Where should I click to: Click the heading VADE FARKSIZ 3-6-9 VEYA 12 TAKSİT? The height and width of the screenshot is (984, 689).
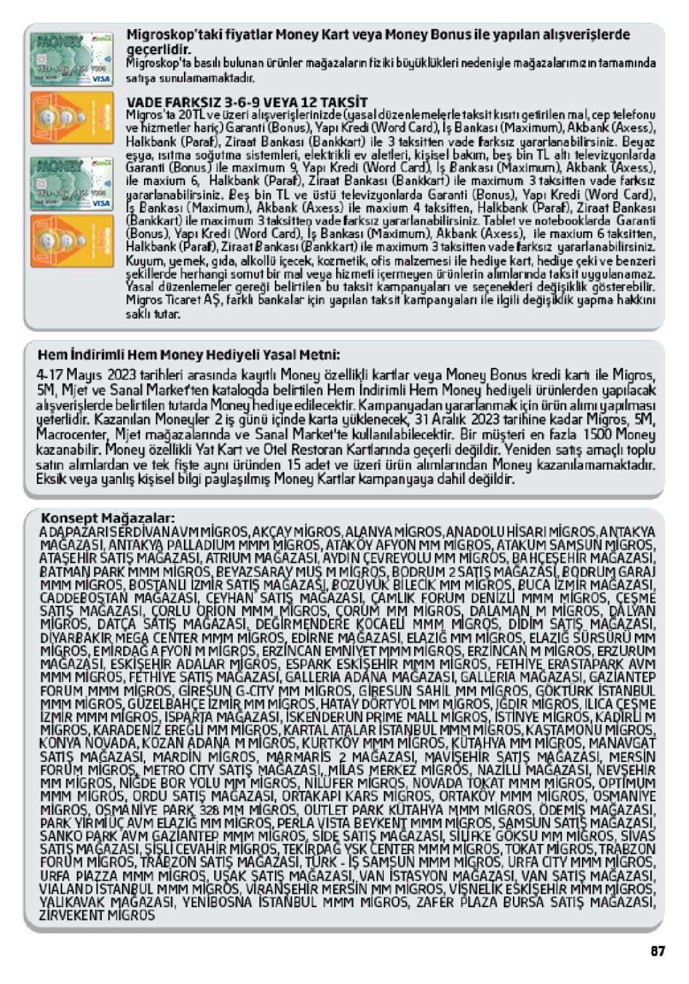coord(246,102)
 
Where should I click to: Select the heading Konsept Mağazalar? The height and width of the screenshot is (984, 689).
coord(108,518)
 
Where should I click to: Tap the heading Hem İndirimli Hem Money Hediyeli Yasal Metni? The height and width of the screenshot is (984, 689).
coord(188,355)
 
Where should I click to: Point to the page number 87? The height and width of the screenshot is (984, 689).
coord(657,950)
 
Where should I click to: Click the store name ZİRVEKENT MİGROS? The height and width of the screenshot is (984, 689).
coord(97,915)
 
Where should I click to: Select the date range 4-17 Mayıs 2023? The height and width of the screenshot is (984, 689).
coord(84,375)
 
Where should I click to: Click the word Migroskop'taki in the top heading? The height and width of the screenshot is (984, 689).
coord(166,35)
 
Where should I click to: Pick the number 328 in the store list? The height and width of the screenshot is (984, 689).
coord(210,809)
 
